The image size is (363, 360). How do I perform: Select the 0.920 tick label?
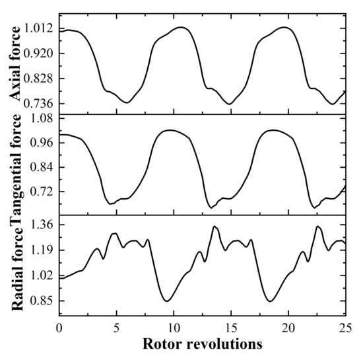pyautogui.click(x=39, y=54)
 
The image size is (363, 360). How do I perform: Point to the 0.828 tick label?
pyautogui.click(x=39, y=79)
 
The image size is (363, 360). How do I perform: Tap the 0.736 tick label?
pyautogui.click(x=39, y=104)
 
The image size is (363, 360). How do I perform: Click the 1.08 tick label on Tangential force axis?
pyautogui.click(x=42, y=118)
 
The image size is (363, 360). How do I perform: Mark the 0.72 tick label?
pyautogui.click(x=42, y=192)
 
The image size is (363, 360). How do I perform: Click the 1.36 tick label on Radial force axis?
pyautogui.click(x=42, y=225)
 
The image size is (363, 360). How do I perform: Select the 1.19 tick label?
pyautogui.click(x=42, y=250)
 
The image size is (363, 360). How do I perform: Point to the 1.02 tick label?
pyautogui.click(x=42, y=275)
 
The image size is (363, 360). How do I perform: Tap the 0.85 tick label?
pyautogui.click(x=42, y=301)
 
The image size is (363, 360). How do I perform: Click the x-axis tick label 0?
pyautogui.click(x=59, y=328)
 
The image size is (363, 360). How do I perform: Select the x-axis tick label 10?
pyautogui.click(x=174, y=328)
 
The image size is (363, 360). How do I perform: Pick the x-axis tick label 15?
pyautogui.click(x=230, y=328)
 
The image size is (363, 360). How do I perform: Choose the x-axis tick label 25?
pyautogui.click(x=345, y=328)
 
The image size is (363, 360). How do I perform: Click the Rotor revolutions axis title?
pyautogui.click(x=202, y=344)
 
